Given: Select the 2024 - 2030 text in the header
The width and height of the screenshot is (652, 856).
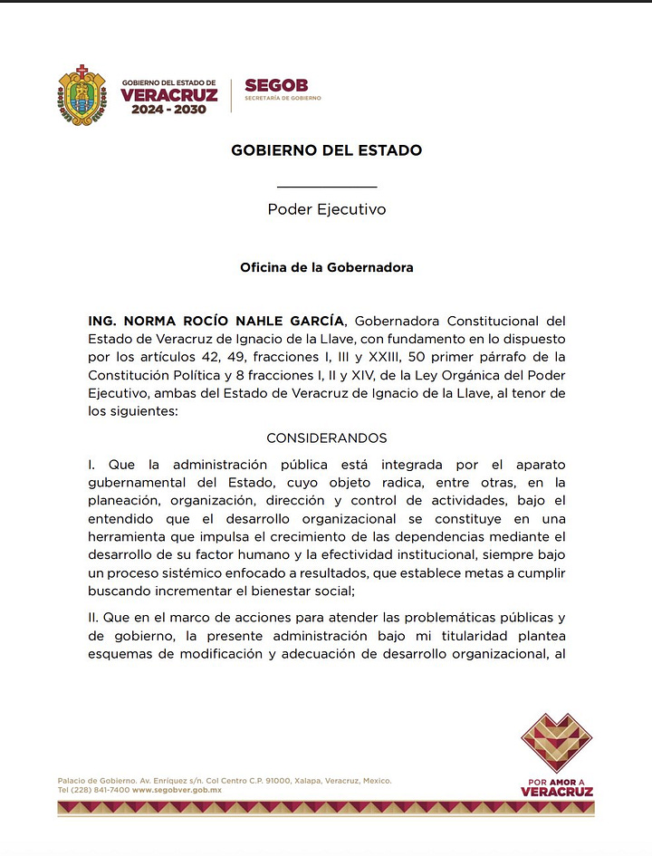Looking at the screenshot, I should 168,110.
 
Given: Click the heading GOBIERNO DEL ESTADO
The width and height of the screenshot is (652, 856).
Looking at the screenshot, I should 326,150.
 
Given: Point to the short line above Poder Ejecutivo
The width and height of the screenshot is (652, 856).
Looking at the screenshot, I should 326,187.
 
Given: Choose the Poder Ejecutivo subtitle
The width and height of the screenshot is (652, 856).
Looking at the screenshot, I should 326,209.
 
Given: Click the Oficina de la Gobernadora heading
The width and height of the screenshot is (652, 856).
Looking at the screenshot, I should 326,268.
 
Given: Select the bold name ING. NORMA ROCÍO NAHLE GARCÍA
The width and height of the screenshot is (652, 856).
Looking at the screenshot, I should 216,321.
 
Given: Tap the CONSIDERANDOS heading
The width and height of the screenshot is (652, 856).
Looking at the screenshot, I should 326,438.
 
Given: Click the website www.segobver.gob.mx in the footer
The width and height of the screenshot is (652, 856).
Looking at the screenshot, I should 177,791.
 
